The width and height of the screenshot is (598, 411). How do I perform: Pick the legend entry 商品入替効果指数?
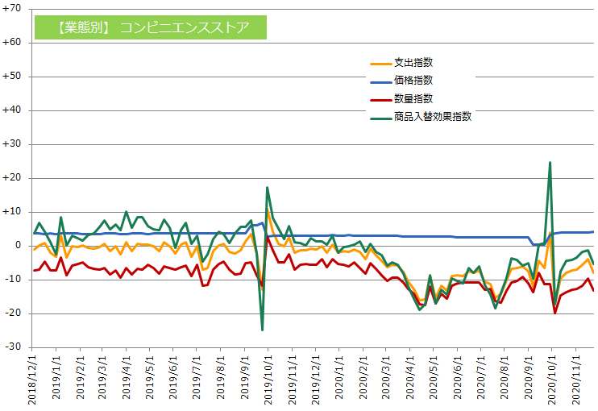[x=432, y=116]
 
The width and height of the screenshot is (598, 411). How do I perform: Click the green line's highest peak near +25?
[x=550, y=162]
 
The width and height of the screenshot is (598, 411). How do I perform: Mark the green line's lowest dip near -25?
[x=262, y=330]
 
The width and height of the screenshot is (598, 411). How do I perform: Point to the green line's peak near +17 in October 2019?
[x=268, y=188]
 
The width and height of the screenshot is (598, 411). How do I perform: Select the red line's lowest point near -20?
[x=555, y=313]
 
